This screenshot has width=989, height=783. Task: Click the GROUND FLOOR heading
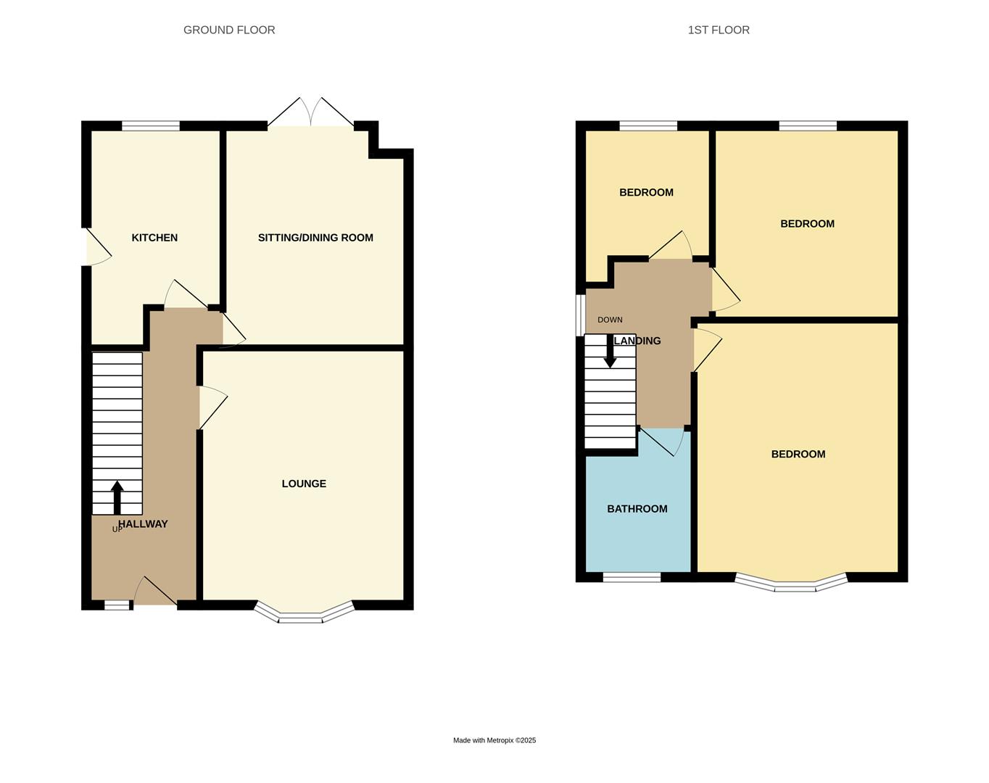pos(229,30)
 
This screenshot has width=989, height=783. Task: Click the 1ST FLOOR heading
pos(719,30)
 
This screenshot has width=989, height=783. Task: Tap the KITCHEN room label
pos(154,238)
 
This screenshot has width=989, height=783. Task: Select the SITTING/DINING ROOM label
pos(315,238)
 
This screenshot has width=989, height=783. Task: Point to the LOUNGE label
pos(304,484)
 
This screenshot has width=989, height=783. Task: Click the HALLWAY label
pos(143,523)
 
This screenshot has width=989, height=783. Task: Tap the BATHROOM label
pos(637,509)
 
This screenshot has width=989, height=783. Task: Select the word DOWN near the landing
pos(610,320)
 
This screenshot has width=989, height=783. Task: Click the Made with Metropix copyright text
pos(494,740)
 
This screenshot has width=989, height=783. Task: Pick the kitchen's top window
pos(151,126)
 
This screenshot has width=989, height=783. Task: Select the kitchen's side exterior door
pos(97,247)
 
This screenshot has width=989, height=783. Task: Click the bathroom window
pos(632,578)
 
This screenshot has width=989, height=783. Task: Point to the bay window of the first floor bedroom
pos(791,584)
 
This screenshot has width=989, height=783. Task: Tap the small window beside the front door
pos(117,605)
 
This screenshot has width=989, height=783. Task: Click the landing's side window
pos(580,315)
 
